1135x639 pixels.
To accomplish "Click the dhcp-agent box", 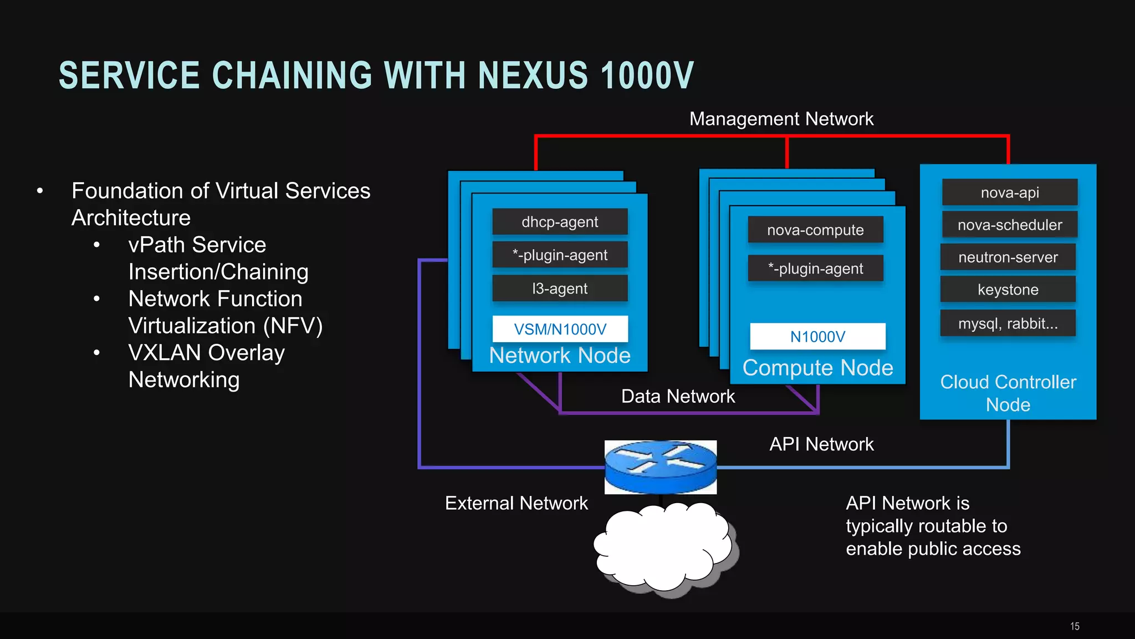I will pyautogui.click(x=560, y=222).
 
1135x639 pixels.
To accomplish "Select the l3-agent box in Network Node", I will pyautogui.click(x=560, y=288).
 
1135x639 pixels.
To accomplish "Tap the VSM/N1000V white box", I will pyautogui.click(x=560, y=329).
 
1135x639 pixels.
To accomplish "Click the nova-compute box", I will pyautogui.click(x=815, y=230).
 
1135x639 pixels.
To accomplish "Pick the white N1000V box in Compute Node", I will pyautogui.click(x=817, y=336).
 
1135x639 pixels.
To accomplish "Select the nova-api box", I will pyautogui.click(x=1010, y=192).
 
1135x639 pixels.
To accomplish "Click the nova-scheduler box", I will pyautogui.click(x=1010, y=225).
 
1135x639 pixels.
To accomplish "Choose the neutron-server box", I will pyautogui.click(x=1008, y=257).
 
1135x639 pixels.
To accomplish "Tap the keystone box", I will pyautogui.click(x=1008, y=290).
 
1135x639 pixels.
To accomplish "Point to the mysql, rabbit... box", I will pyautogui.click(x=1008, y=323).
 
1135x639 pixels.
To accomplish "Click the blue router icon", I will pyautogui.click(x=660, y=467).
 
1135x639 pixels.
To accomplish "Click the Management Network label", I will pyautogui.click(x=781, y=119).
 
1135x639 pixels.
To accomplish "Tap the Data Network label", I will pyautogui.click(x=678, y=396).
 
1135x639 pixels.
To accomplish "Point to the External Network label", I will pyautogui.click(x=516, y=503).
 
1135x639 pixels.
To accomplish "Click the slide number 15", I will pyautogui.click(x=1075, y=626).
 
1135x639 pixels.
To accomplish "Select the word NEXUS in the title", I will pyautogui.click(x=533, y=75).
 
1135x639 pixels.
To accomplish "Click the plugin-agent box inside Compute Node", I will pyautogui.click(x=815, y=268).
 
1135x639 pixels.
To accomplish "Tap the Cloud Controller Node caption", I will pyautogui.click(x=1008, y=393).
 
